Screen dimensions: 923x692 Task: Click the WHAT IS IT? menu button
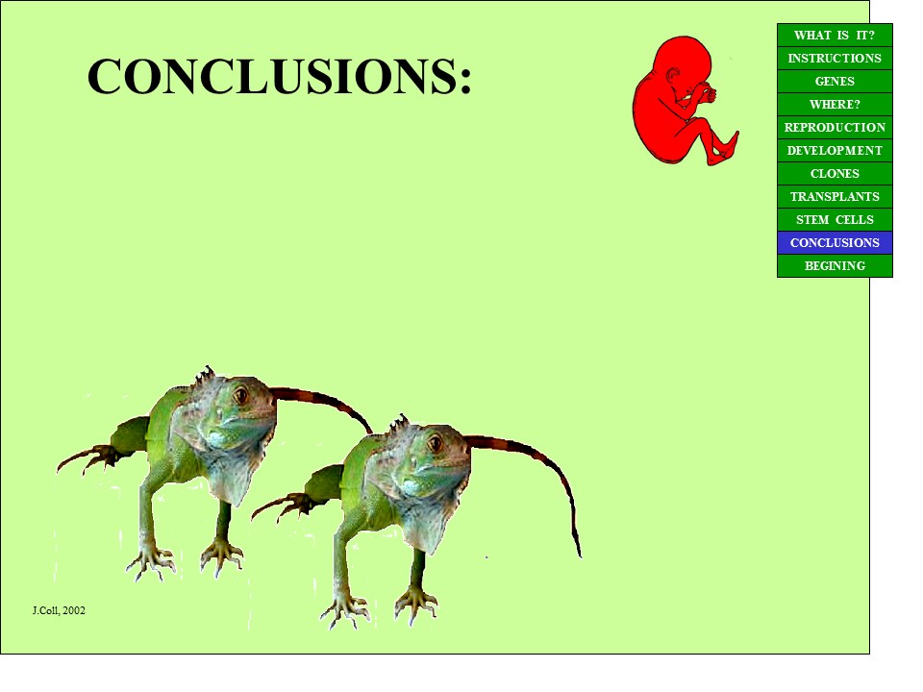835,36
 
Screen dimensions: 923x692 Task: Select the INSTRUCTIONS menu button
835,59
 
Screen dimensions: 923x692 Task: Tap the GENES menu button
835,81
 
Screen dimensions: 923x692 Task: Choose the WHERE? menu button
835,104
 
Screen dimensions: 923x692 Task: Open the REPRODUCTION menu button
835,127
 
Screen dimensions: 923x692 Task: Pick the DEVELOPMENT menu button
835,151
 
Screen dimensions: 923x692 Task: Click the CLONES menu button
835,174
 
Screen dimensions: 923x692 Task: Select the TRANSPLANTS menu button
835,196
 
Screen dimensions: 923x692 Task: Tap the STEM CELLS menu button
835,219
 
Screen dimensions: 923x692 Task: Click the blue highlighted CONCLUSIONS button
835,242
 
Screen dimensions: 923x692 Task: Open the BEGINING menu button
835,266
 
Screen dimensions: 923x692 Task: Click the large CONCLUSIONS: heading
280,76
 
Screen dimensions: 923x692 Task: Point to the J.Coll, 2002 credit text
59,611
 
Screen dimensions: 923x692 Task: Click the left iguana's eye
240,395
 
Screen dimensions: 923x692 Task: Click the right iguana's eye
435,443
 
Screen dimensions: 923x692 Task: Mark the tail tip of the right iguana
580,555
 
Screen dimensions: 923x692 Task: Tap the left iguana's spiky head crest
204,376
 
